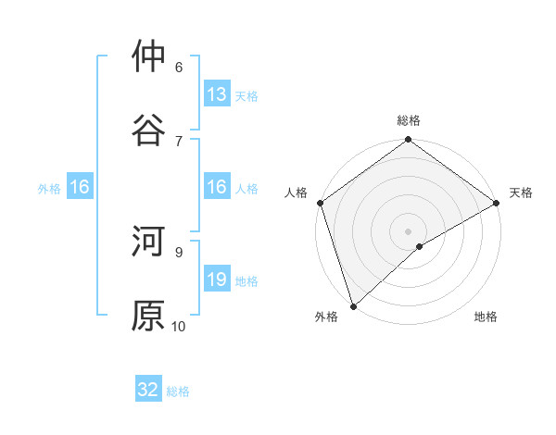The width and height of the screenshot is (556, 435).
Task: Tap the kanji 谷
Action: point(148,130)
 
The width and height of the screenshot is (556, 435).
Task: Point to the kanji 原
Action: point(148,315)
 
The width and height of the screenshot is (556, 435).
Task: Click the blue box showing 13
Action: point(217,94)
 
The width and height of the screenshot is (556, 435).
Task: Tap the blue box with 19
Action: point(217,280)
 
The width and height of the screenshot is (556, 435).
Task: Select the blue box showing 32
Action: point(148,390)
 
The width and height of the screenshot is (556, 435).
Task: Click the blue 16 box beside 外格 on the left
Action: point(80,188)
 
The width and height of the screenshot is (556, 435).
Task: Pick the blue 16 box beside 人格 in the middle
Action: point(217,188)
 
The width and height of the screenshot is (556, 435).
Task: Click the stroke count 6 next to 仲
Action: point(179,67)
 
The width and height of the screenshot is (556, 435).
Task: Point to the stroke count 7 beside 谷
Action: point(179,141)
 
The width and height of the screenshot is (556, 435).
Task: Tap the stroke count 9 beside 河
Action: point(179,251)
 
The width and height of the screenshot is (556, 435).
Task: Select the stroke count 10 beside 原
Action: point(179,326)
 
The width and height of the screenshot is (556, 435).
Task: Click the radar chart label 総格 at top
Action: point(409,120)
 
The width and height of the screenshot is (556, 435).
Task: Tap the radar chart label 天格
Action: point(521,193)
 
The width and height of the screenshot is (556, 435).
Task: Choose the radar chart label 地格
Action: point(486,317)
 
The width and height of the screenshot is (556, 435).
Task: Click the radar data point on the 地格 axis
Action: point(420,246)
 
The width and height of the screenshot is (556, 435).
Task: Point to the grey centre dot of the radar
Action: point(409,230)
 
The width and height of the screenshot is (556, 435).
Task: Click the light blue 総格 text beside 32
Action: point(178,391)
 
